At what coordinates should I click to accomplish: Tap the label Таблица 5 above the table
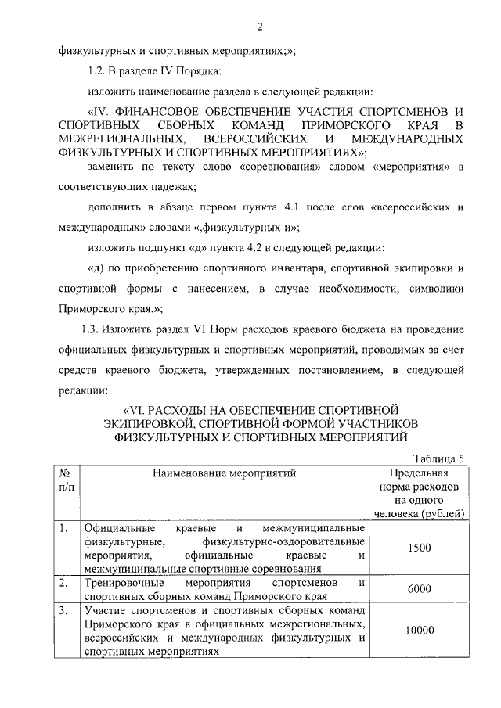[438, 458]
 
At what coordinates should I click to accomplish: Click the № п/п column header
[67, 480]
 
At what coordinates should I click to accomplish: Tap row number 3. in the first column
[63, 609]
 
